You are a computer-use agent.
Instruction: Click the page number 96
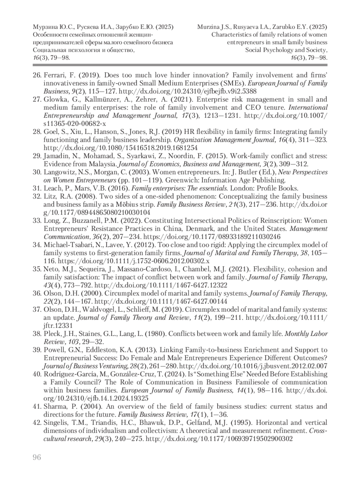coord(37,457)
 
